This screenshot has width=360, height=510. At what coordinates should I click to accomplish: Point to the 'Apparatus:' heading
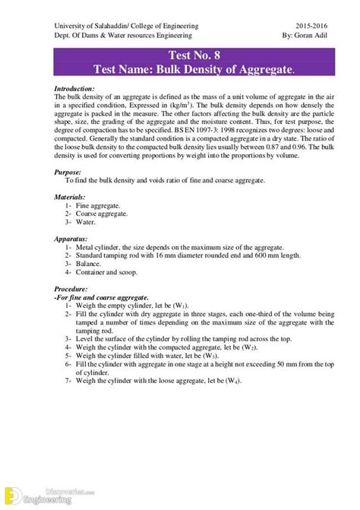pyautogui.click(x=72, y=237)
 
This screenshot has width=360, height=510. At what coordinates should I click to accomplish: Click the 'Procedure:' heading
pyautogui.click(x=72, y=290)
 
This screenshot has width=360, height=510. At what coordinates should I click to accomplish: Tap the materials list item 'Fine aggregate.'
pyautogui.click(x=99, y=205)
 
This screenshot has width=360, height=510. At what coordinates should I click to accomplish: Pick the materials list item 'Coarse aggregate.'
pyautogui.click(x=104, y=214)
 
